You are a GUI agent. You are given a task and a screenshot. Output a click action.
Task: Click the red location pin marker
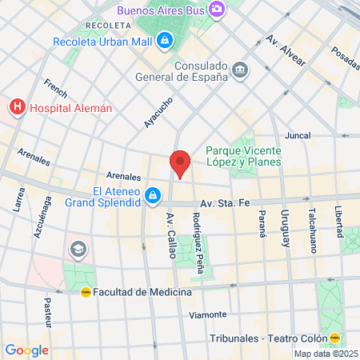pos(180,162)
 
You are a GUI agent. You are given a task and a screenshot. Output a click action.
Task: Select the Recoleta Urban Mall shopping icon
pos(164,39)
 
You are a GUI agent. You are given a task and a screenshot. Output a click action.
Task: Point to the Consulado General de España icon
pos(239,71)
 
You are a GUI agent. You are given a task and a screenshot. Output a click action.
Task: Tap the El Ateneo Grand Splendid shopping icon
pos(152,195)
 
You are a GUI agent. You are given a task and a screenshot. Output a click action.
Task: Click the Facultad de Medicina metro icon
pos(86,292)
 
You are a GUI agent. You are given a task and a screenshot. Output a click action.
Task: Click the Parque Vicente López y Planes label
pos(243,155)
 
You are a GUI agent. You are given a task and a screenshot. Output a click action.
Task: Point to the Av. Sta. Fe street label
pos(225,203)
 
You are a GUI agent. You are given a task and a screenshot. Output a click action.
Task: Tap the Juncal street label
pos(297,136)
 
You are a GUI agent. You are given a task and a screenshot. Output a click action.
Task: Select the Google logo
pos(26,350)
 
